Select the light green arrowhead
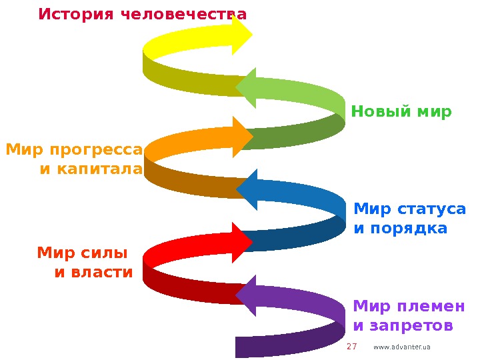pos(246,87)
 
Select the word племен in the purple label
pos(436,307)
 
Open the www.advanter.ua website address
pos(402,347)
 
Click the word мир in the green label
pos(433,111)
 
